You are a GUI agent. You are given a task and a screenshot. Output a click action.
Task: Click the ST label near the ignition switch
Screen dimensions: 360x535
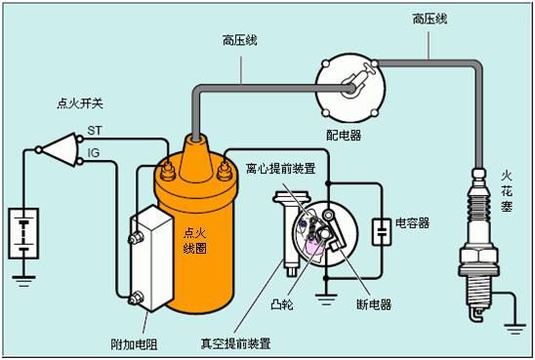click(x=96, y=130)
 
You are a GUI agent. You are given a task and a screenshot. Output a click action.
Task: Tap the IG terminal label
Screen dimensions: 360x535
click(x=94, y=152)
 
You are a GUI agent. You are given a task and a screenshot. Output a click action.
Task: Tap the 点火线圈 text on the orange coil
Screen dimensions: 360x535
click(x=195, y=242)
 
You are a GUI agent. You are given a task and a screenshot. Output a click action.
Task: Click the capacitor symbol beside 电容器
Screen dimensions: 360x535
click(x=380, y=230)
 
